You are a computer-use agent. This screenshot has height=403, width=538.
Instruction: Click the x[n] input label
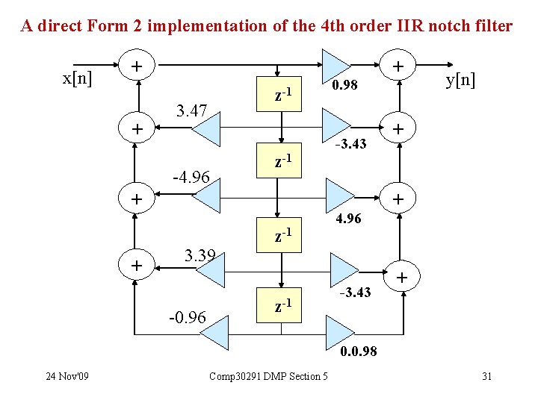(x=78, y=78)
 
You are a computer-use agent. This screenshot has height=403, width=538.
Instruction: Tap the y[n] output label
(x=461, y=79)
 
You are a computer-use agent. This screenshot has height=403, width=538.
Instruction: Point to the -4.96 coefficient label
(x=191, y=178)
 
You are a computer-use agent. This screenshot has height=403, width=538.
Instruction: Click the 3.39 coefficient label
(x=200, y=257)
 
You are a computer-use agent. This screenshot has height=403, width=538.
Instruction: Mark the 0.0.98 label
(x=359, y=351)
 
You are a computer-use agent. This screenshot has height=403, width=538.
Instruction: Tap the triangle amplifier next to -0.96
(x=212, y=331)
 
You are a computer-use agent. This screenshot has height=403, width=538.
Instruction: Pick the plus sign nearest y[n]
(x=400, y=67)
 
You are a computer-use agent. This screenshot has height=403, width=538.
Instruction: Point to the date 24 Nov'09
(x=67, y=375)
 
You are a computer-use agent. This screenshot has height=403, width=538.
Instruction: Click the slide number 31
(x=486, y=375)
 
